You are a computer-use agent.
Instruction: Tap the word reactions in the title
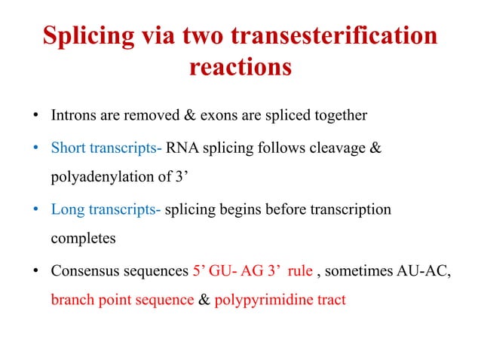240,67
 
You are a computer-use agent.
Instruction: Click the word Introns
74,116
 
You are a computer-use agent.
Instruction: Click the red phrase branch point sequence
122,301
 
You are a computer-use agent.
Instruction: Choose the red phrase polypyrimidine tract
280,301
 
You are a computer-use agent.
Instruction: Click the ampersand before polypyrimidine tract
204,301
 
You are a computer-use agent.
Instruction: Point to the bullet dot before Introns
35,117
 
